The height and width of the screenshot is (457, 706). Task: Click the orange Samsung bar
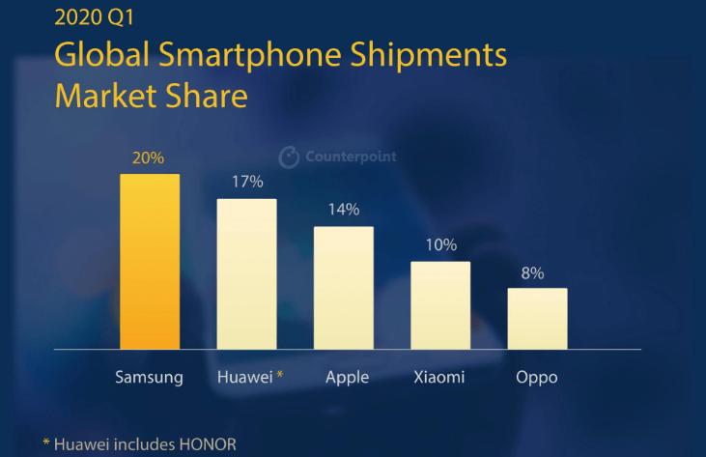pos(150,261)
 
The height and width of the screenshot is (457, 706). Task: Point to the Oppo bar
pos(538,318)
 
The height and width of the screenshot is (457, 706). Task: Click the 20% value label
pos(150,157)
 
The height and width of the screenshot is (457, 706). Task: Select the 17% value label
pos(247,182)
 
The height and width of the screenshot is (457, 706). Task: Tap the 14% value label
pos(344,209)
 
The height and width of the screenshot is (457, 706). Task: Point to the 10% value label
pos(440,244)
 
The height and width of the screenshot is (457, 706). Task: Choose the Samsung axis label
pos(150,377)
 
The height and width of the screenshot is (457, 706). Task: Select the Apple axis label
pos(347,377)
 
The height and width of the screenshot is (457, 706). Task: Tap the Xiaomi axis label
pos(440,377)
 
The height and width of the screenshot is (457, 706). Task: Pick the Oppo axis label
pos(538,377)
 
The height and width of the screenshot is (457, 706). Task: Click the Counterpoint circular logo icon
pos(288,157)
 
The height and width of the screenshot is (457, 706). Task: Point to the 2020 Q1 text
pos(92,19)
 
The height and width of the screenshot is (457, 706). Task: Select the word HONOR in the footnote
pos(205,444)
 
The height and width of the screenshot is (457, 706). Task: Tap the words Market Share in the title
pos(152,97)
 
